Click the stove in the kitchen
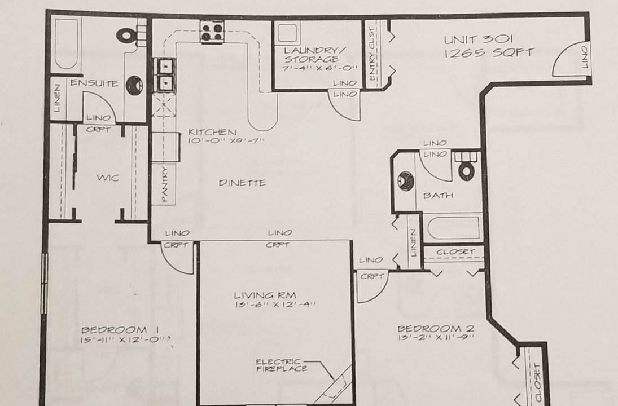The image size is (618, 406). coord(212,32)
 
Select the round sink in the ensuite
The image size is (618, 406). coord(134,85)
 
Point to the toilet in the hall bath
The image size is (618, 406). coord(467,166)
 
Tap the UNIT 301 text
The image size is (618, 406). coord(478,39)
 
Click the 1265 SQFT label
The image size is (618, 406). coord(489,53)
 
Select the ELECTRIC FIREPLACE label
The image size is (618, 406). coord(282,365)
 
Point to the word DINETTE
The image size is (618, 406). coord(242,183)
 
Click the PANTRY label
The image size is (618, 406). coord(165,184)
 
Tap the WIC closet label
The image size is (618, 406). coord(108,178)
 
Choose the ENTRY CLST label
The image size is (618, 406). coord(372,54)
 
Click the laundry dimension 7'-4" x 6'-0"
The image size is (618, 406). coord(320,68)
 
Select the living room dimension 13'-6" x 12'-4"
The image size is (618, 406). coord(275,304)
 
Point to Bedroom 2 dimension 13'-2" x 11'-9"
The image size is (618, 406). coord(436,337)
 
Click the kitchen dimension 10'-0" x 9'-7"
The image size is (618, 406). coord(226,140)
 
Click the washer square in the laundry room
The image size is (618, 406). coord(287,32)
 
